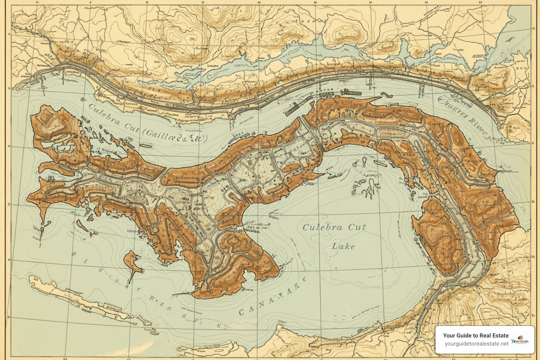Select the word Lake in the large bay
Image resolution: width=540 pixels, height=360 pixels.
[x=343, y=246]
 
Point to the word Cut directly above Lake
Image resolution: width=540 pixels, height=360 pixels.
[x=357, y=227]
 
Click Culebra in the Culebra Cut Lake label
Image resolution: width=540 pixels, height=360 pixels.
[x=323, y=227]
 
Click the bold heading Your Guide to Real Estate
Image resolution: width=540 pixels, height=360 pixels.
[x=476, y=335]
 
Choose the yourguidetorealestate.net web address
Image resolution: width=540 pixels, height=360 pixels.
[x=476, y=344]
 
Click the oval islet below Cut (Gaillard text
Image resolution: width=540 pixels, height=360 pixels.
[x=144, y=145]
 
